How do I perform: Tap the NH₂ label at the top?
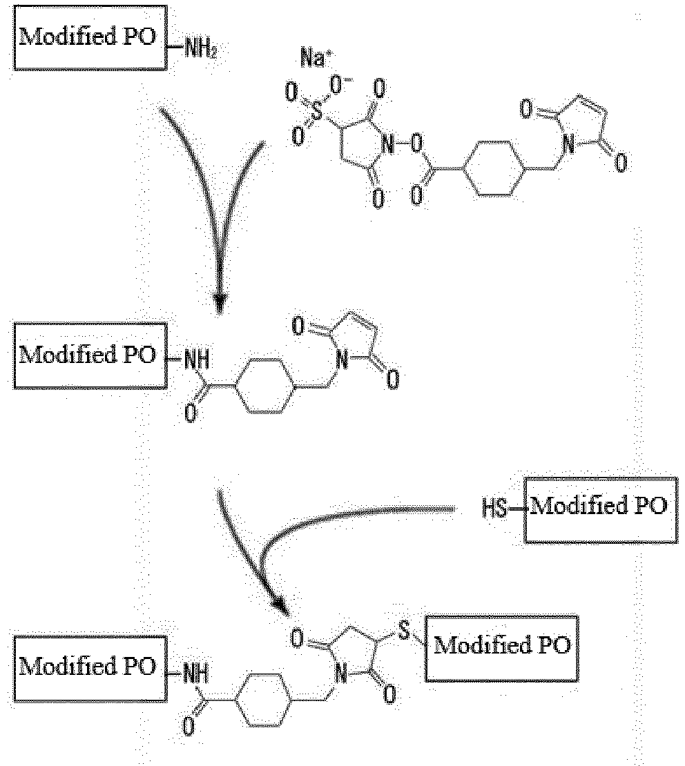(200, 49)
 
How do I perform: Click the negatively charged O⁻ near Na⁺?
(337, 85)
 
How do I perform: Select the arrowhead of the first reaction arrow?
(220, 304)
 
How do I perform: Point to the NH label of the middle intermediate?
(197, 360)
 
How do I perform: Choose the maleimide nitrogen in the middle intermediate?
(342, 361)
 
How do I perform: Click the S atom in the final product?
(403, 630)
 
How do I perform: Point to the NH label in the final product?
(196, 674)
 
